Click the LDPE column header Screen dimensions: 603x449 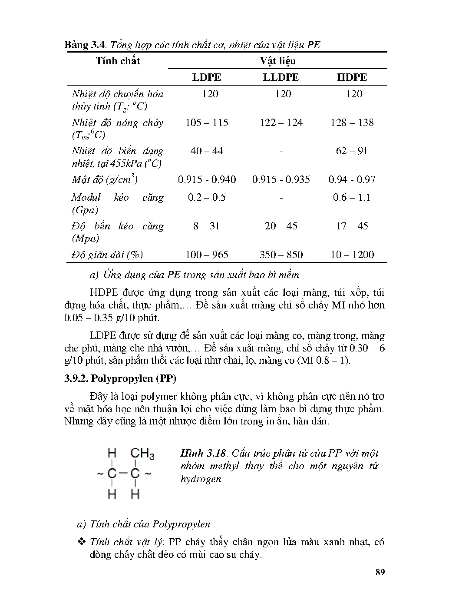click(207, 77)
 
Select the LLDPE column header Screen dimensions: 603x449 click(281, 77)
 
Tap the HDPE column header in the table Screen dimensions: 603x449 click(352, 77)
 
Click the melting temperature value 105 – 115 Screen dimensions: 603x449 click(207, 123)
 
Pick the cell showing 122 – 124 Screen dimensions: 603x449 click(281, 123)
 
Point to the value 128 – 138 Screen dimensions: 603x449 click(352, 123)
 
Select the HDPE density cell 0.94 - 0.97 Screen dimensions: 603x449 click(352, 179)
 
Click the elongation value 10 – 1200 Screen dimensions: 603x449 click(352, 255)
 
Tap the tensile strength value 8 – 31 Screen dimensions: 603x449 click(207, 226)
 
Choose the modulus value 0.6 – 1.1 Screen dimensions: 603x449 click(352, 197)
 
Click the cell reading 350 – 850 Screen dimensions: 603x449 click(281, 255)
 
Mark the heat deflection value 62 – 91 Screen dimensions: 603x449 click(352, 151)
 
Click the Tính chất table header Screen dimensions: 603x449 click(118, 61)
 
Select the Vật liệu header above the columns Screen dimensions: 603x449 click(278, 61)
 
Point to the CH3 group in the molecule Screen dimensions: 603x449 click(142, 454)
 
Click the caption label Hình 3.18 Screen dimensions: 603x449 click(203, 453)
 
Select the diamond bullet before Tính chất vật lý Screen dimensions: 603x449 click(82, 542)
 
